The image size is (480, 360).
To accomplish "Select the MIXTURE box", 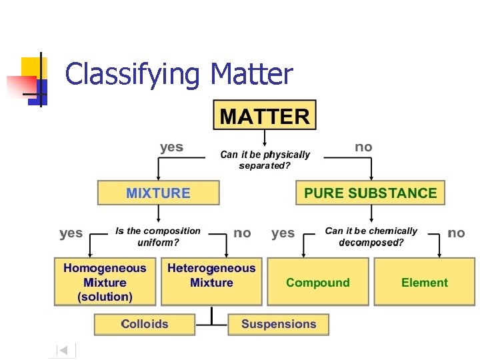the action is pyautogui.click(x=158, y=193).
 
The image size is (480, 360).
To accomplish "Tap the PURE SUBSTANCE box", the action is pyautogui.click(x=370, y=193).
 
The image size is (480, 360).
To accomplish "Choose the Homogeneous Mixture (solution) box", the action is pyautogui.click(x=105, y=282).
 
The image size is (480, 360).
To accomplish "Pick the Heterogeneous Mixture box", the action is pyautogui.click(x=211, y=275).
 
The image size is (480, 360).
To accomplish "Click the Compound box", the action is pyautogui.click(x=317, y=282).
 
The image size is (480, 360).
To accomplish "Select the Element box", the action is pyautogui.click(x=425, y=282).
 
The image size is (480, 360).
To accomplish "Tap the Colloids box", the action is pyautogui.click(x=145, y=324).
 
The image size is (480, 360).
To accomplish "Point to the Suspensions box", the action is pyautogui.click(x=279, y=324).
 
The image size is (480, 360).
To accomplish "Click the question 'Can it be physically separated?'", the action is pyautogui.click(x=265, y=160).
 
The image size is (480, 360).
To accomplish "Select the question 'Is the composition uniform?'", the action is pyautogui.click(x=158, y=236).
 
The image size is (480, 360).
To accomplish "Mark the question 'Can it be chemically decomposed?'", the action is pyautogui.click(x=371, y=236).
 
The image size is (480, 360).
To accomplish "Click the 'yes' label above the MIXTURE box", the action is pyautogui.click(x=171, y=147).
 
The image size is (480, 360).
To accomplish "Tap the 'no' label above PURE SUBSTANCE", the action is pyautogui.click(x=363, y=147).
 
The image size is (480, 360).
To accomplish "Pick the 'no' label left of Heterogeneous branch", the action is pyautogui.click(x=243, y=233).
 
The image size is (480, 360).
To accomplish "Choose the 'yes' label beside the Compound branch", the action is pyautogui.click(x=283, y=233).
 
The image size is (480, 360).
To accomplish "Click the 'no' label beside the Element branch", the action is pyautogui.click(x=456, y=233).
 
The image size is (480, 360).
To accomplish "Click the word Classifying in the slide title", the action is pyautogui.click(x=132, y=74).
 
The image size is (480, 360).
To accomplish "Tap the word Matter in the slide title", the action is pyautogui.click(x=251, y=74).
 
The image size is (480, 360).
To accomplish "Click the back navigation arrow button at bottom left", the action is pyautogui.click(x=64, y=349).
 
